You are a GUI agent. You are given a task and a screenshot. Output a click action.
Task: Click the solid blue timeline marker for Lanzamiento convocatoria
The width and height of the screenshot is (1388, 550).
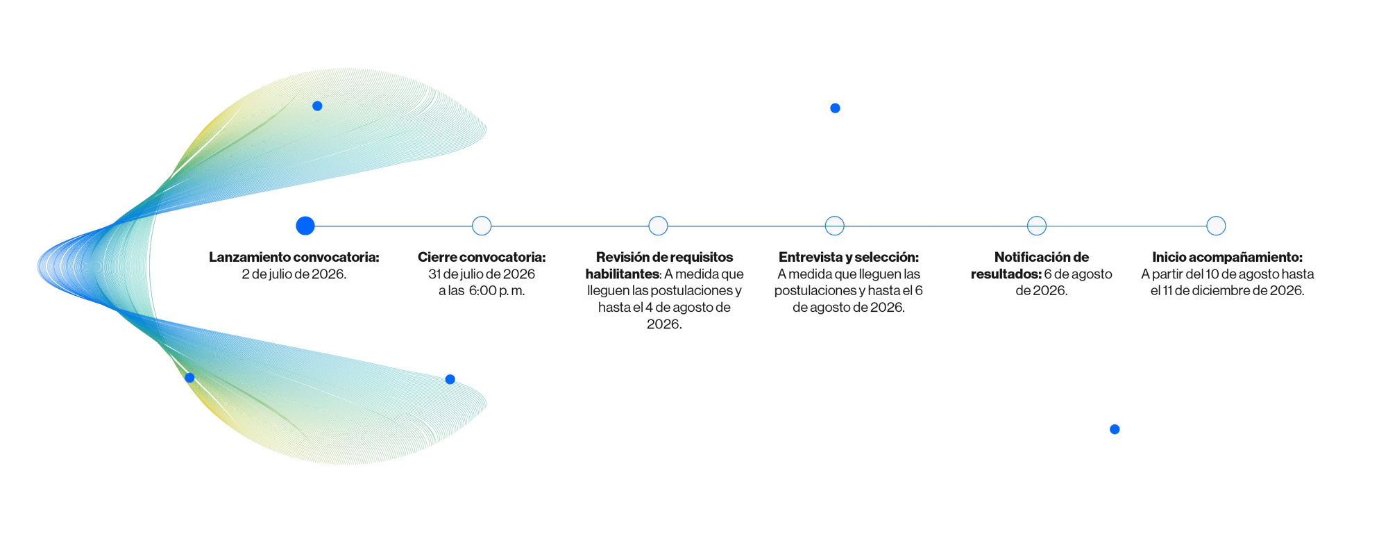305,226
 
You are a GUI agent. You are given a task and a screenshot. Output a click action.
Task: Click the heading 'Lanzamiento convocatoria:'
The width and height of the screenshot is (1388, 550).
294,257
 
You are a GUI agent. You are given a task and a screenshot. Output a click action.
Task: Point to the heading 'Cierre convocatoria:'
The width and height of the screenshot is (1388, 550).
482,257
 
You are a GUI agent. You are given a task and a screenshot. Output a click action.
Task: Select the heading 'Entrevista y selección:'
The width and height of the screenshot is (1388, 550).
849,258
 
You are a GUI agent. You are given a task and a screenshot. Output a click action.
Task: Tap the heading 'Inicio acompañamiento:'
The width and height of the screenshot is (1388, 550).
1228,258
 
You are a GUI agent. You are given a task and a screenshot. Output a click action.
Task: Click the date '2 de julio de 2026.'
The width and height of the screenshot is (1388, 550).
294,274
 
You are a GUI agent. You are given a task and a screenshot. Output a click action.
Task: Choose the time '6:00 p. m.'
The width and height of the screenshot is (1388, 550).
497,291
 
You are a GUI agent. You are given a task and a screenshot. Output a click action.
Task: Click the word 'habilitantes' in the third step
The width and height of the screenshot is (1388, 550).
623,274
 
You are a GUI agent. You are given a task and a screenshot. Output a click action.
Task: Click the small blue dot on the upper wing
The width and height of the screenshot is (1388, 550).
317,106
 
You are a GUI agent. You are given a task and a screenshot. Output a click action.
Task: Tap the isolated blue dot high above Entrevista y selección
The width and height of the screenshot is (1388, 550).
835,108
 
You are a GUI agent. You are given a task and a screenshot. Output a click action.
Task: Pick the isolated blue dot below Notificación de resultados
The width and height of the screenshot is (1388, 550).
1115,429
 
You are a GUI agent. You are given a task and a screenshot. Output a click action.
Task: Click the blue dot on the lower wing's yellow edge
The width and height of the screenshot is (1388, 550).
189,378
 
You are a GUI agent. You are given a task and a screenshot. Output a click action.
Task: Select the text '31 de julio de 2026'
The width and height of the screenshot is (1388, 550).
482,274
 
